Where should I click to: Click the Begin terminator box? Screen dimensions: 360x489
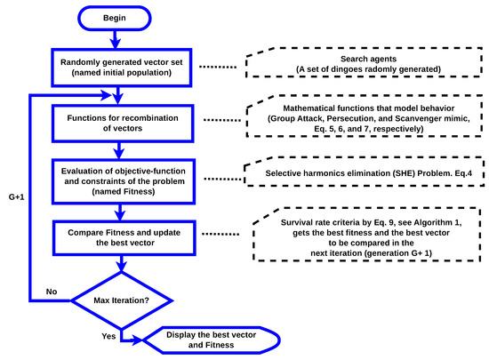tap(115, 17)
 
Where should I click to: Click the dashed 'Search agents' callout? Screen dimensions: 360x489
tap(366, 67)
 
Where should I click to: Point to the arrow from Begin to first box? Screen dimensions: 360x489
tap(115, 37)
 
